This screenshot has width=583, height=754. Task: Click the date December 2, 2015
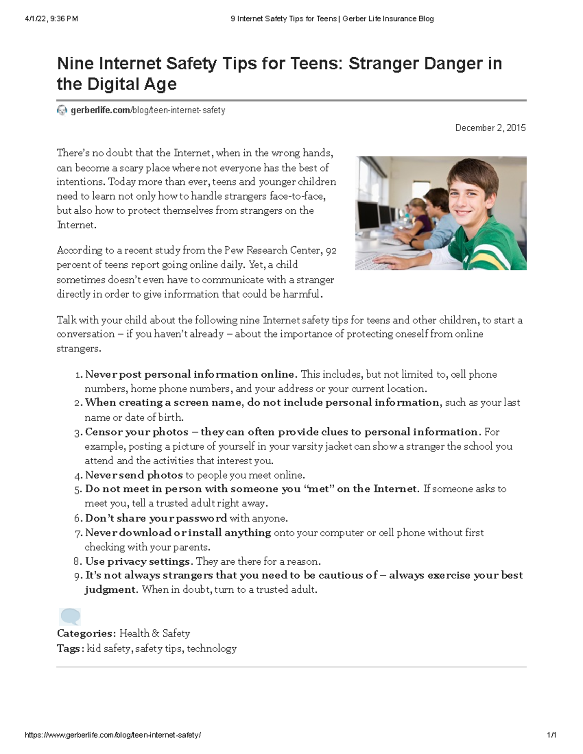pyautogui.click(x=490, y=128)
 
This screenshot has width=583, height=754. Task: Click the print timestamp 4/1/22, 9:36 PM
pyautogui.click(x=51, y=19)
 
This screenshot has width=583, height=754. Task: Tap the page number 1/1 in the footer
pyautogui.click(x=551, y=735)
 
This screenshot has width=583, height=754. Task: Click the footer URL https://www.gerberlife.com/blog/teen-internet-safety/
pyautogui.click(x=113, y=735)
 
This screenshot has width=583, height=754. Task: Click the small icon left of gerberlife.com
pyautogui.click(x=62, y=111)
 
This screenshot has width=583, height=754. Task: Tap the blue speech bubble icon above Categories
pyautogui.click(x=69, y=617)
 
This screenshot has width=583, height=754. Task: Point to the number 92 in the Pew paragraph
pyautogui.click(x=331, y=251)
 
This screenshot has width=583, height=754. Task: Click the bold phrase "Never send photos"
pyautogui.click(x=134, y=475)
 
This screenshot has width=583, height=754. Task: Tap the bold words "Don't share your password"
pyautogui.click(x=156, y=518)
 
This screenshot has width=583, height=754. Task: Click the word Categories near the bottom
pyautogui.click(x=86, y=633)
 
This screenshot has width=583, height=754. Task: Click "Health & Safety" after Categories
pyautogui.click(x=154, y=633)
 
